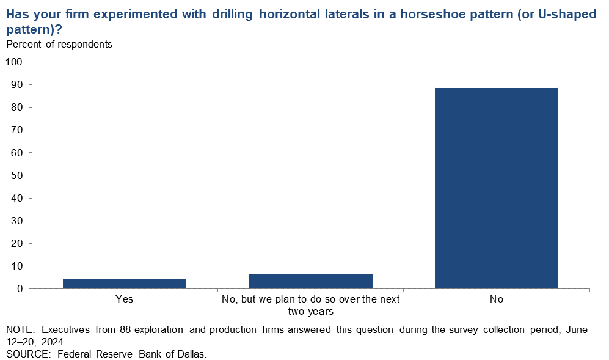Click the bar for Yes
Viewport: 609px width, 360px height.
124,284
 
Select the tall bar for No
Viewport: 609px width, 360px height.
497,188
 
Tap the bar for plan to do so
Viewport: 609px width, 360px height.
311,281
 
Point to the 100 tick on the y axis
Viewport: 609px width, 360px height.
14,62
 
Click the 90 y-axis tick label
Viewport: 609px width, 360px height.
16,85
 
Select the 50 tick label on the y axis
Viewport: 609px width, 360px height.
16,175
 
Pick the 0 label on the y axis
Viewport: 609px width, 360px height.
20,289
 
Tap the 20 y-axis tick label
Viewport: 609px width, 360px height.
16,243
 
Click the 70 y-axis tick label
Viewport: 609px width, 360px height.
16,130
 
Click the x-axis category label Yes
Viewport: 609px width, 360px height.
124,299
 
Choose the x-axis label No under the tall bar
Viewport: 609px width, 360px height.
497,299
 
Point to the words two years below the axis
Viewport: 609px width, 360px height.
311,311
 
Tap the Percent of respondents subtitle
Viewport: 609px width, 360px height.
59,45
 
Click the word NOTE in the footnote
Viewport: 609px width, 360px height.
20,329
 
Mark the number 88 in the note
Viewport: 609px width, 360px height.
125,329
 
